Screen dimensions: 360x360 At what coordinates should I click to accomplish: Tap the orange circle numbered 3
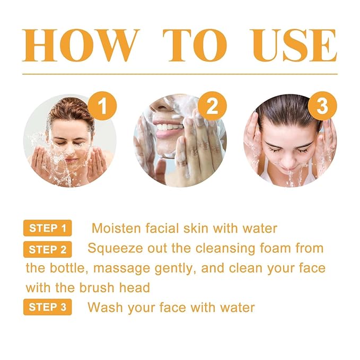click(x=322, y=106)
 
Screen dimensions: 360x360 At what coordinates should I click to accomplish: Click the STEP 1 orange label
click(x=48, y=229)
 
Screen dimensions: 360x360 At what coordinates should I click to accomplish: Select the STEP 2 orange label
click(x=48, y=249)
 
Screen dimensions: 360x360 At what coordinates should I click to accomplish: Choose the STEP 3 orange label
click(x=48, y=308)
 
